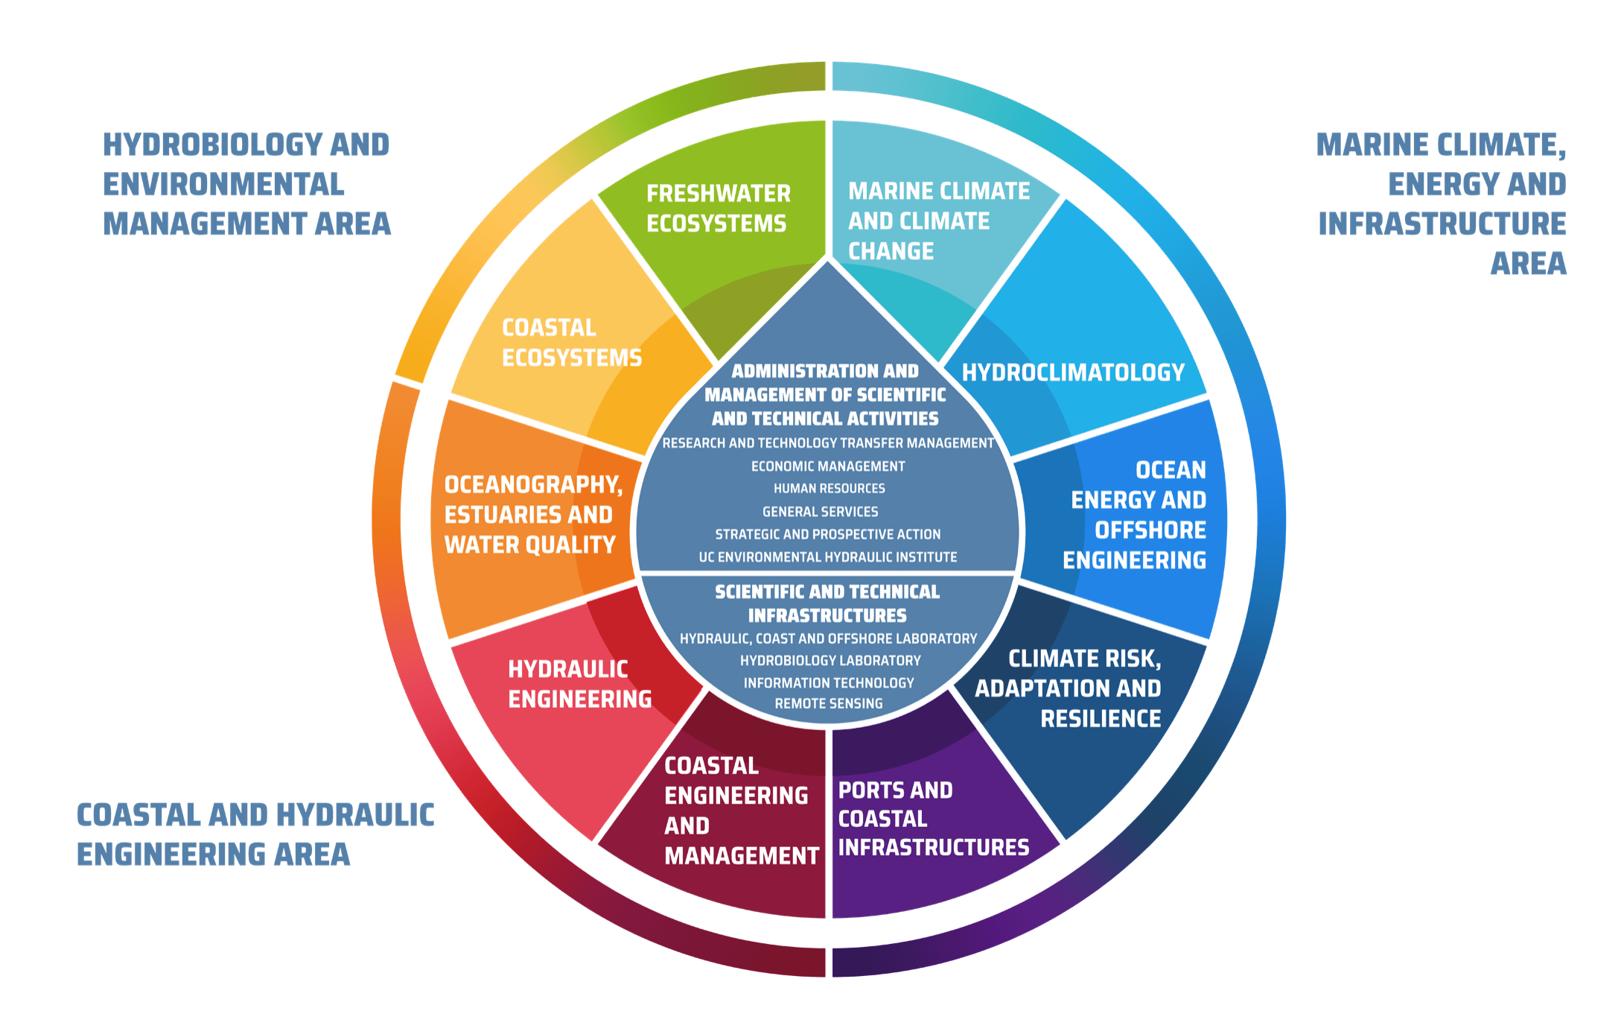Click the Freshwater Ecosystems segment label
pyautogui.click(x=718, y=209)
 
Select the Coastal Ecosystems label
pyautogui.click(x=571, y=343)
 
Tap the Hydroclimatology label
pyautogui.click(x=1072, y=373)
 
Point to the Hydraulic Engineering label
pyautogui.click(x=579, y=684)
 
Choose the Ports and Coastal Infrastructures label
pyautogui.click(x=933, y=819)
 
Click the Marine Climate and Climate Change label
pyautogui.click(x=938, y=221)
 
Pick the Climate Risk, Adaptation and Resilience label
pyautogui.click(x=1068, y=688)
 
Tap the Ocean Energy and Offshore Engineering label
pyautogui.click(x=1135, y=515)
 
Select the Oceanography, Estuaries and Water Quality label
pyautogui.click(x=533, y=515)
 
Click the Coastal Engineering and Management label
pyautogui.click(x=741, y=811)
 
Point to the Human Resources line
pyautogui.click(x=829, y=489)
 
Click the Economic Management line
pyautogui.click(x=828, y=466)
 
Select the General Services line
pyautogui.click(x=820, y=512)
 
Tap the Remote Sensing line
pyautogui.click(x=828, y=703)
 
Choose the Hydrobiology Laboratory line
pyautogui.click(x=829, y=661)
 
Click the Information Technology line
pyautogui.click(x=828, y=683)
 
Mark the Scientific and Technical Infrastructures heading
pyautogui.click(x=827, y=603)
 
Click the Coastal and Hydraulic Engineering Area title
pyautogui.click(x=255, y=834)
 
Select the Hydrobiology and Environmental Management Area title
pyautogui.click(x=246, y=184)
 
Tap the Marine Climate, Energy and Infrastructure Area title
pyautogui.click(x=1442, y=203)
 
